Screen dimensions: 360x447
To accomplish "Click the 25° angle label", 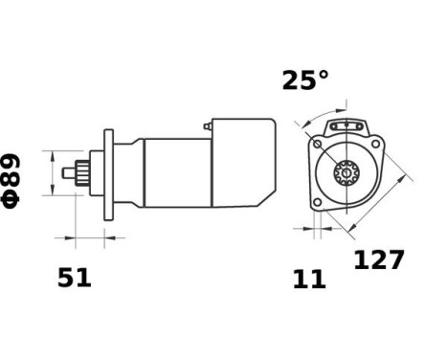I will (304, 81).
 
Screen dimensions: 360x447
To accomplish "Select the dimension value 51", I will (74, 278).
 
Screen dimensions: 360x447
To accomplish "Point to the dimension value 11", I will (309, 280).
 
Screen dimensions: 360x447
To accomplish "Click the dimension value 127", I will (379, 259).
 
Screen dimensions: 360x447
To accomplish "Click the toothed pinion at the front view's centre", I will (344, 175).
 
